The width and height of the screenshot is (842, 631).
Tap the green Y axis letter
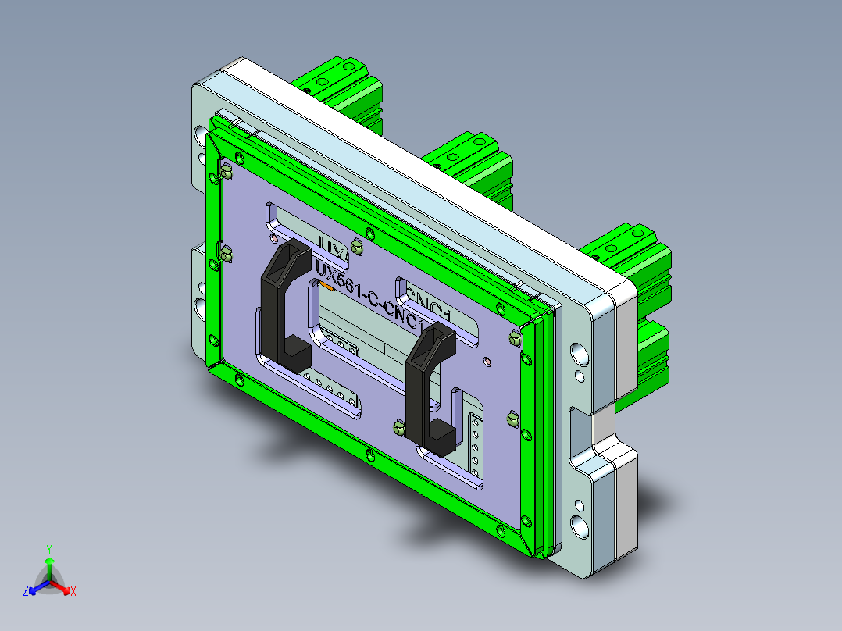coord(48,548)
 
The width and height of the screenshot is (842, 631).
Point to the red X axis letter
coord(73,592)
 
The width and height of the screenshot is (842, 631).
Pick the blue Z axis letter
coord(26,592)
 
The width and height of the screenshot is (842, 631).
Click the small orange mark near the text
coord(327,287)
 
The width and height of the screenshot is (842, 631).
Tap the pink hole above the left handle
coord(273,237)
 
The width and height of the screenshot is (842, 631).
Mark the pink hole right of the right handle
coord(487,362)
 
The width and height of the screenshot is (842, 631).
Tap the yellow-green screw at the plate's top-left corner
coord(226,172)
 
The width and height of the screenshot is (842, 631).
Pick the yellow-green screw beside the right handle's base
coord(398,426)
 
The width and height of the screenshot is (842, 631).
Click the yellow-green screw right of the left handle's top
coord(357,247)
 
